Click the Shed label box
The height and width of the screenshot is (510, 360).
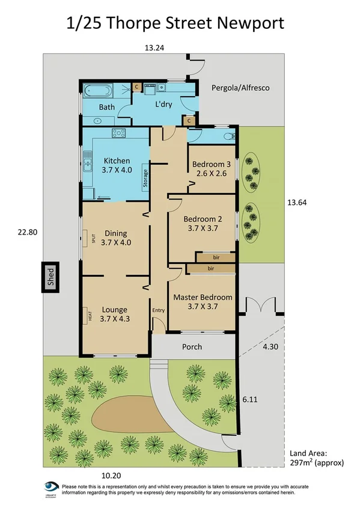(50, 277)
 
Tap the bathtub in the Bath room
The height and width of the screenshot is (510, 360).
(97, 91)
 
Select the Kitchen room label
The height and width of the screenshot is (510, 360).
(117, 161)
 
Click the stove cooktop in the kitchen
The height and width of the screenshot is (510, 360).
(118, 134)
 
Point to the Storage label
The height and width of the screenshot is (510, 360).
(145, 179)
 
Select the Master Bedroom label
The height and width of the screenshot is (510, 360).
(203, 297)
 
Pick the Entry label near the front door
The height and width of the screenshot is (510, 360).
(158, 310)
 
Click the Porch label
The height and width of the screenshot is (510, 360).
(192, 347)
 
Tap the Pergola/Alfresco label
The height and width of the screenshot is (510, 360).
(240, 88)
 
